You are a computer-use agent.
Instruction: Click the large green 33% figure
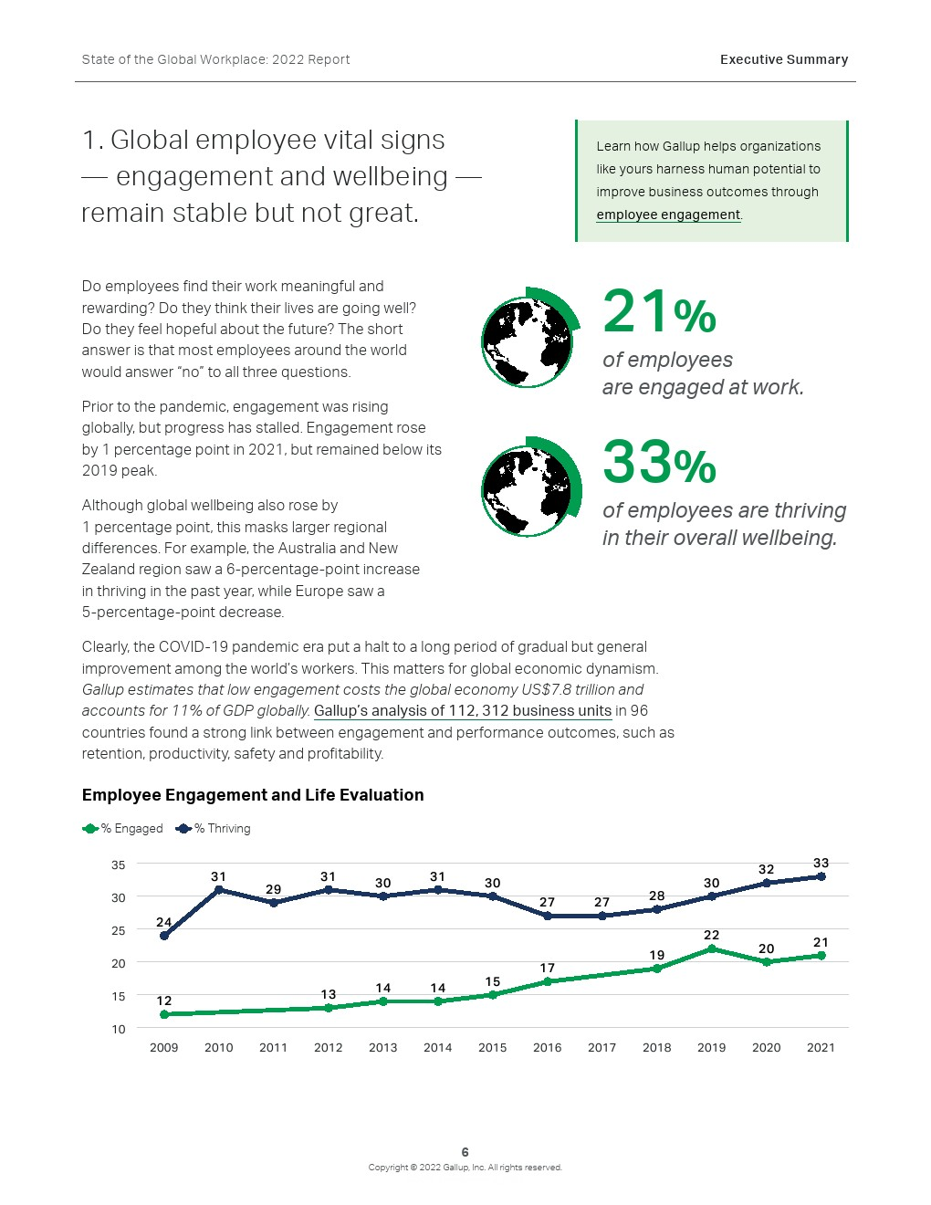click(x=659, y=462)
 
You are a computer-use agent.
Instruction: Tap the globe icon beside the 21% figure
click(x=530, y=337)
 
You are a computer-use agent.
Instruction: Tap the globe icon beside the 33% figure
click(x=530, y=487)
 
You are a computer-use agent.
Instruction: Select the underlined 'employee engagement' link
click(x=668, y=215)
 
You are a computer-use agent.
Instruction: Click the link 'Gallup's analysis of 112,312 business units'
click(x=463, y=711)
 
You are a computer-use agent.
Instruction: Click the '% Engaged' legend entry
click(x=122, y=829)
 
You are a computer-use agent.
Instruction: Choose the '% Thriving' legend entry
click(x=213, y=829)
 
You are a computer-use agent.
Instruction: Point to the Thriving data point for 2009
click(x=164, y=936)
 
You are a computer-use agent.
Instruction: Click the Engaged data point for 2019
click(x=711, y=948)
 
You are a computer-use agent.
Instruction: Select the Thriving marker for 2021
click(x=821, y=876)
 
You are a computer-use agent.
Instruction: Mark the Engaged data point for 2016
click(x=548, y=981)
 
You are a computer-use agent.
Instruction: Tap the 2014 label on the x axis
click(x=437, y=1047)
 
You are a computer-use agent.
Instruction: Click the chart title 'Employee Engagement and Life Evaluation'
click(x=253, y=794)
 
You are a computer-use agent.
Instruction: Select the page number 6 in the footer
click(x=465, y=1152)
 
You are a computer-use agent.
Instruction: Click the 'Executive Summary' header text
click(x=784, y=59)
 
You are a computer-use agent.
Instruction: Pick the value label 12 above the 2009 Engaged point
click(x=164, y=1001)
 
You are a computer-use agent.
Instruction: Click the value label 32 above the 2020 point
click(x=767, y=869)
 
